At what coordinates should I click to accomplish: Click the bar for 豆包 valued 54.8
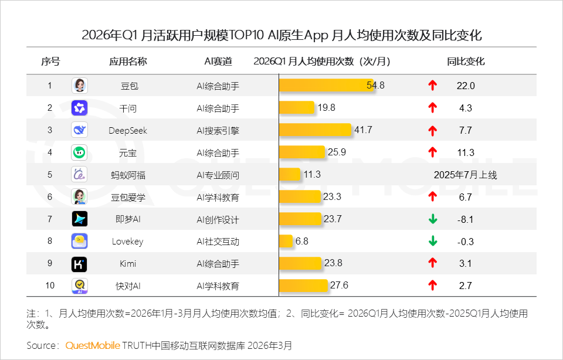[x=325, y=86]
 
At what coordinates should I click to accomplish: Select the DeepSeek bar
[x=315, y=130]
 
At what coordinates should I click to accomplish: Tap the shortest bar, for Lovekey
[x=286, y=241]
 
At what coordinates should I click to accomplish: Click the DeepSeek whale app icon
[x=79, y=130]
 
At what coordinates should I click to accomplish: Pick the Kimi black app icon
[x=79, y=264]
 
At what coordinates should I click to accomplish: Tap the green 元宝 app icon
[x=79, y=152]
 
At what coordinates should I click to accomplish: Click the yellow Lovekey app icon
[x=79, y=241]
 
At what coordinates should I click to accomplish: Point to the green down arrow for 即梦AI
[x=433, y=219]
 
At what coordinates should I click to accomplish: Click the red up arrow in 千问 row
[x=433, y=108]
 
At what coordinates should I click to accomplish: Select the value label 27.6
[x=339, y=286]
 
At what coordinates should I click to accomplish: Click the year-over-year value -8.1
[x=465, y=219]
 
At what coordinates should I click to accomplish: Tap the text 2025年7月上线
[x=465, y=175]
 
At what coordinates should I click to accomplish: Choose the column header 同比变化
[x=466, y=62]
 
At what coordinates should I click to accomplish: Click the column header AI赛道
[x=218, y=62]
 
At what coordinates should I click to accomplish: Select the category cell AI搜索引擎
[x=218, y=130]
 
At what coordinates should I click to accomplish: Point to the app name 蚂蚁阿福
[x=128, y=175]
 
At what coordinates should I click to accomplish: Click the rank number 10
[x=50, y=286]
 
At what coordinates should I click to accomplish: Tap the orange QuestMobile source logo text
[x=93, y=345]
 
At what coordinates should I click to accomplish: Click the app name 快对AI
[x=128, y=286]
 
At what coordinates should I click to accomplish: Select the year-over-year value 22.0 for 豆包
[x=465, y=86]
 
